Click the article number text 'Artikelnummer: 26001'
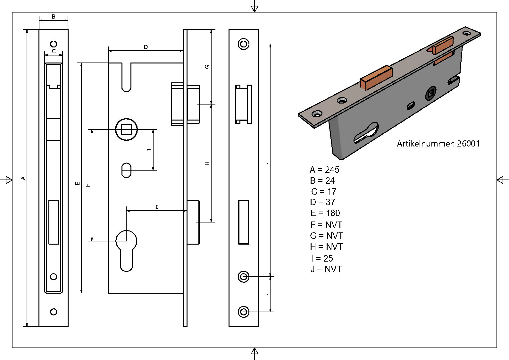438,144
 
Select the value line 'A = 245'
324,170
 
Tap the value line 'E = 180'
325,213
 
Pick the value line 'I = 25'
322,258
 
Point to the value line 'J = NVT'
326,269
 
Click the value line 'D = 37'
322,202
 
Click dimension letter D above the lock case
146,47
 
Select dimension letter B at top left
54,17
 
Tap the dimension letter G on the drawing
207,67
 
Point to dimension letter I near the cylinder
157,207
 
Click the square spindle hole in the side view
126,130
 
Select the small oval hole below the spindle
126,170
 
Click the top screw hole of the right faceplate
244,44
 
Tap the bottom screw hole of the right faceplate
244,311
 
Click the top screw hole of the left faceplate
54,44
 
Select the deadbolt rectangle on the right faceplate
244,222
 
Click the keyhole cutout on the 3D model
365,133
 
